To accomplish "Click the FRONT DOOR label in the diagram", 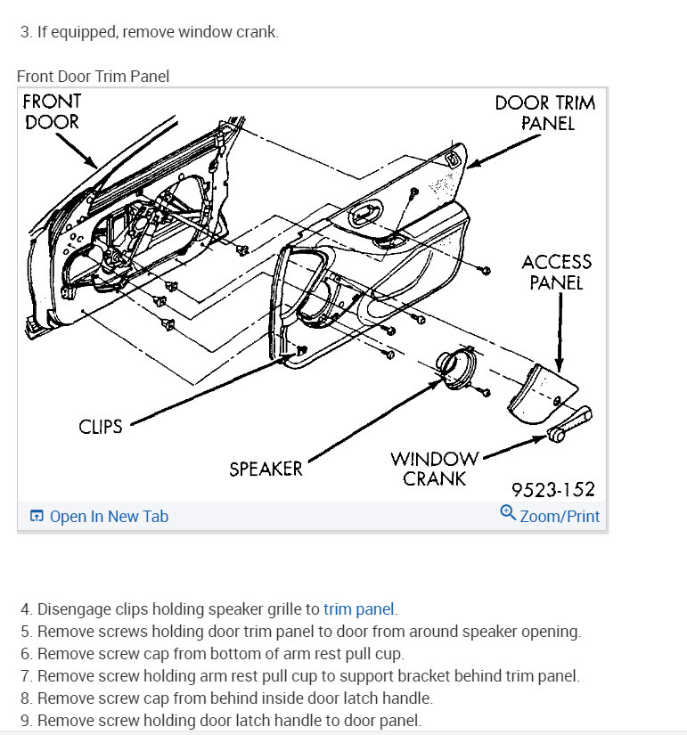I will [x=52, y=111].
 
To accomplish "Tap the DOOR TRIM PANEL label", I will [x=545, y=113].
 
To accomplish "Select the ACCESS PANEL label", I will [x=556, y=273].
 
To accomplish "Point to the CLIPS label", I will [x=100, y=427].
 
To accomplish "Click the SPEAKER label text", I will [x=266, y=469].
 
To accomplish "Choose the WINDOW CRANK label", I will [x=434, y=469].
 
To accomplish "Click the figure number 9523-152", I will [x=552, y=489].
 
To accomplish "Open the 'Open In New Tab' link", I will [x=108, y=517].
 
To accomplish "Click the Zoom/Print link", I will [x=560, y=517].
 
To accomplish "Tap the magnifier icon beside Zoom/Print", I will [x=508, y=513].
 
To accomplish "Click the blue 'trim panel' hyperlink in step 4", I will [x=359, y=609].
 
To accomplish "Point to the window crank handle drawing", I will [x=567, y=424].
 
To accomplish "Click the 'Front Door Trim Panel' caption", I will [x=93, y=77].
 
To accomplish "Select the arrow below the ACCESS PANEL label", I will [x=560, y=330].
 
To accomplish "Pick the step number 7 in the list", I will [x=27, y=676].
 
